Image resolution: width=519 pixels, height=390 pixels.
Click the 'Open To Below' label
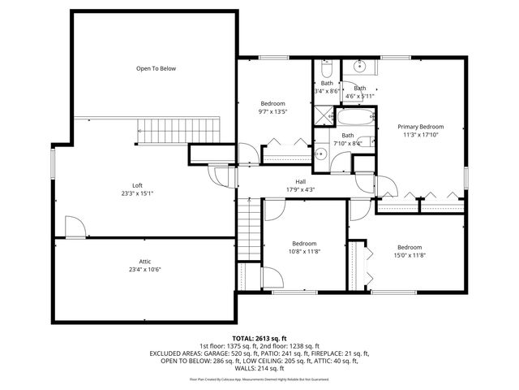(x=156, y=69)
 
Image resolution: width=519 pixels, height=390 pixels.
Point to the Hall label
(x=300, y=181)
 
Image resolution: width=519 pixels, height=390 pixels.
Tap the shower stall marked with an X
(x=325, y=117)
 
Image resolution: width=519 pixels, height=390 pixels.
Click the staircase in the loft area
(x=179, y=128)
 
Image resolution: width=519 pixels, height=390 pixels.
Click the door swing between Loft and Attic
(x=72, y=227)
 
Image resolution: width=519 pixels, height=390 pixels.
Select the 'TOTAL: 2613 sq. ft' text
(x=259, y=337)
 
